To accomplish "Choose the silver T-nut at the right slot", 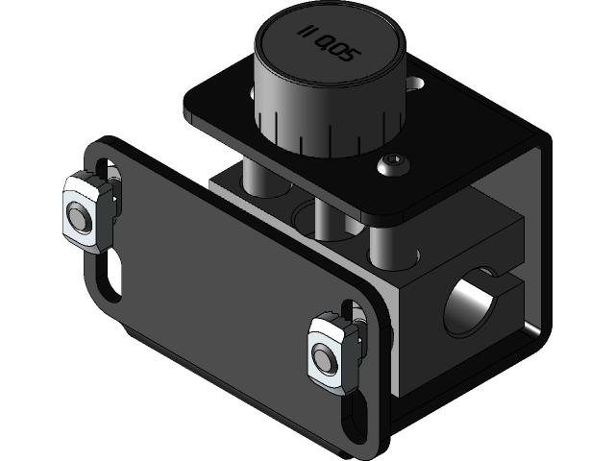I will pos(332,352).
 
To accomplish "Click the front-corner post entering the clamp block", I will pos(390,246).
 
